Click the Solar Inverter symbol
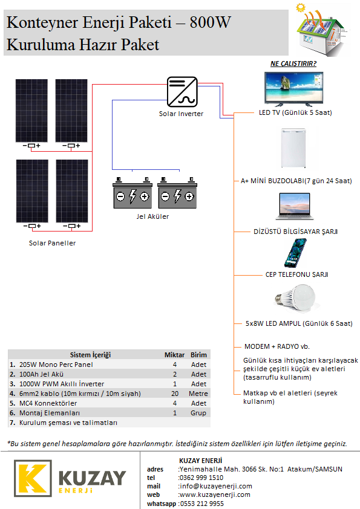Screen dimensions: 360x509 point(182,92)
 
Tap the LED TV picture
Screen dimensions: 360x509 point(294,89)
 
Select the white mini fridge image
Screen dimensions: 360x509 point(293,148)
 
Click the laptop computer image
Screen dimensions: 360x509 point(295,207)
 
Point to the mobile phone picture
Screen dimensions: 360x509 point(295,253)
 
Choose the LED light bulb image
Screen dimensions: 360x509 point(295,298)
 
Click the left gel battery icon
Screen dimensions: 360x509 point(133,193)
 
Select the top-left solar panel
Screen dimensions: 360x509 point(31,111)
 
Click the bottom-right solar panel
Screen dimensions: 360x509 point(72,191)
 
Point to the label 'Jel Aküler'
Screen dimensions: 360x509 point(152,216)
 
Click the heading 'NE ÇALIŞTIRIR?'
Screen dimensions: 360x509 point(293,63)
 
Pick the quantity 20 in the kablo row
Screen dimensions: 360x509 point(175,394)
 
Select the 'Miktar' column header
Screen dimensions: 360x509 point(174,355)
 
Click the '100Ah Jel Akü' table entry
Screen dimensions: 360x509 point(41,374)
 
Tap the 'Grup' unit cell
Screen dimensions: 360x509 point(198,413)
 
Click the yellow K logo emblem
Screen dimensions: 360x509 point(33,478)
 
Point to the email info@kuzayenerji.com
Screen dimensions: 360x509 point(216,486)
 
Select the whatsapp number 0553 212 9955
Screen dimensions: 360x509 point(201,504)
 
